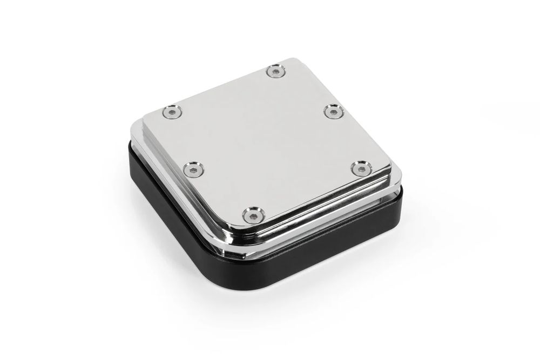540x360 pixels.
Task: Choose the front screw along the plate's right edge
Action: [x=357, y=169]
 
